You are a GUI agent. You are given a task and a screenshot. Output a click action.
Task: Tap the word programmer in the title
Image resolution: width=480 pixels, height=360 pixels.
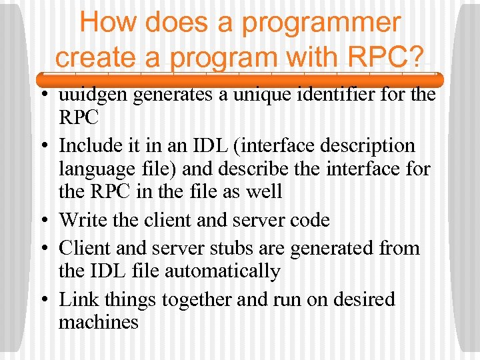(321, 23)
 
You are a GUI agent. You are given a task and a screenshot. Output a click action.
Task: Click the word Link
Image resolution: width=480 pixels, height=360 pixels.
(77, 299)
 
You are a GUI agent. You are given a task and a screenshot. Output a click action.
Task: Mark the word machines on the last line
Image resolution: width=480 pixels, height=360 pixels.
(99, 323)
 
